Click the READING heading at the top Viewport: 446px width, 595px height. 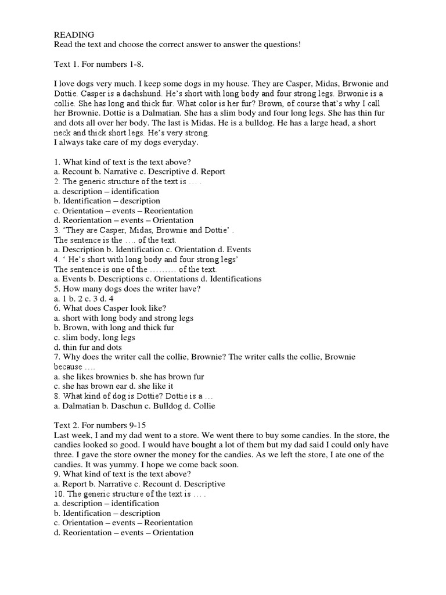point(74,35)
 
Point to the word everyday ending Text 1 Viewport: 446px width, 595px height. point(179,142)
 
